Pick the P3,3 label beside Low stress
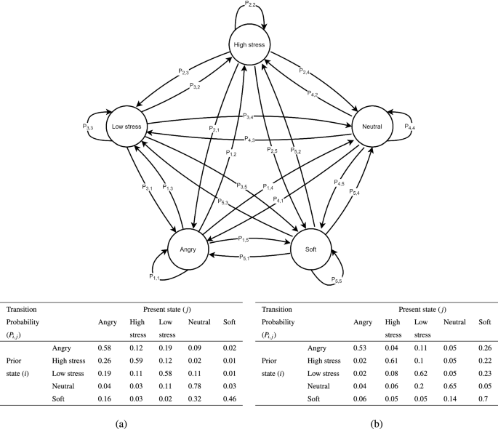[88, 125]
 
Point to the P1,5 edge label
[244, 238]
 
